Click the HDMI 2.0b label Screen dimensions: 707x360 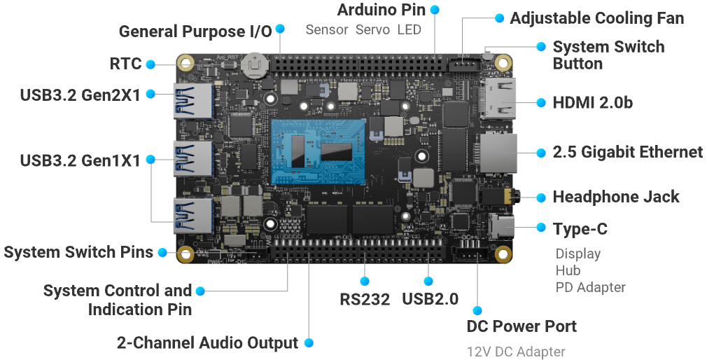point(592,103)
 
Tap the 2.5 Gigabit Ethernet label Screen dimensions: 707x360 point(628,153)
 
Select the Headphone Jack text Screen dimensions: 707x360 point(616,197)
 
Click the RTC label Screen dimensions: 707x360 point(126,64)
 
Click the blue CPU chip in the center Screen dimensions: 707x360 point(318,151)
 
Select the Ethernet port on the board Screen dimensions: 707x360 point(498,153)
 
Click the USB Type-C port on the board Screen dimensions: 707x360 point(501,226)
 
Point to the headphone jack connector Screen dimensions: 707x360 point(499,197)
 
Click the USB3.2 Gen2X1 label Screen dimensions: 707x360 point(80,95)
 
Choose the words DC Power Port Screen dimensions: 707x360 point(521,326)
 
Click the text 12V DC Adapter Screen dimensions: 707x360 point(516,352)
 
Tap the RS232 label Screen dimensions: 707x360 point(365,299)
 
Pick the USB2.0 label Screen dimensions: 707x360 point(430,299)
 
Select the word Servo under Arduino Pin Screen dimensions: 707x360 point(372,30)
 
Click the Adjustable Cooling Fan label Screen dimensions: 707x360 point(597,18)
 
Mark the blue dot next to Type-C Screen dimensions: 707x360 point(541,227)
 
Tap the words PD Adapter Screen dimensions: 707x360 point(591,287)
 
